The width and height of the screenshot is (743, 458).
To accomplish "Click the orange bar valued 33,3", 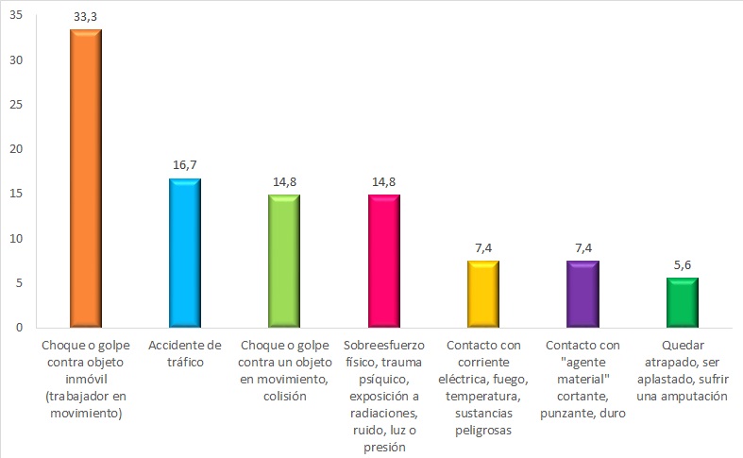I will [85, 179].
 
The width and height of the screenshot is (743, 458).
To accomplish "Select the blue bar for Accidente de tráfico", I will [184, 253].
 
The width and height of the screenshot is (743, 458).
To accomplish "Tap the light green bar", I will [283, 262].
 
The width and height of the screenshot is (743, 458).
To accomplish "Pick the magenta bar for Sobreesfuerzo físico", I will [383, 262].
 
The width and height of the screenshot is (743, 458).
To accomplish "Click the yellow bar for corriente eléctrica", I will [483, 295].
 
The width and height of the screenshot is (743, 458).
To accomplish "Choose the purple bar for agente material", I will [583, 295].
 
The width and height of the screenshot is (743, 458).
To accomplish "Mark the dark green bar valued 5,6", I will [683, 303].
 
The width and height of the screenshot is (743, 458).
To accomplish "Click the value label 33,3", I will [85, 16].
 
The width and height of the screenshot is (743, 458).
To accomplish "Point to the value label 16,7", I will [184, 164].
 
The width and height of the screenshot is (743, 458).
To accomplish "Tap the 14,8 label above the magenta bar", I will [383, 181].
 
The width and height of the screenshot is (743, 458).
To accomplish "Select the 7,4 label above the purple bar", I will [583, 247].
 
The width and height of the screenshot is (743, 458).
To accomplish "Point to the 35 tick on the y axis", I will [16, 15].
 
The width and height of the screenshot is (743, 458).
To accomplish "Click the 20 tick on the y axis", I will [16, 149].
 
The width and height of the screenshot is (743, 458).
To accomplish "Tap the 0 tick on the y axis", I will [20, 328].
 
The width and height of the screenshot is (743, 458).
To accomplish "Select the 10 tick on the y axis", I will [16, 239].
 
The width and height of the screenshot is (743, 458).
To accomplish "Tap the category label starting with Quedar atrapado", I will [683, 371].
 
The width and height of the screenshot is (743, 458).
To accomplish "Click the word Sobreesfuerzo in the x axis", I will [383, 346].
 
